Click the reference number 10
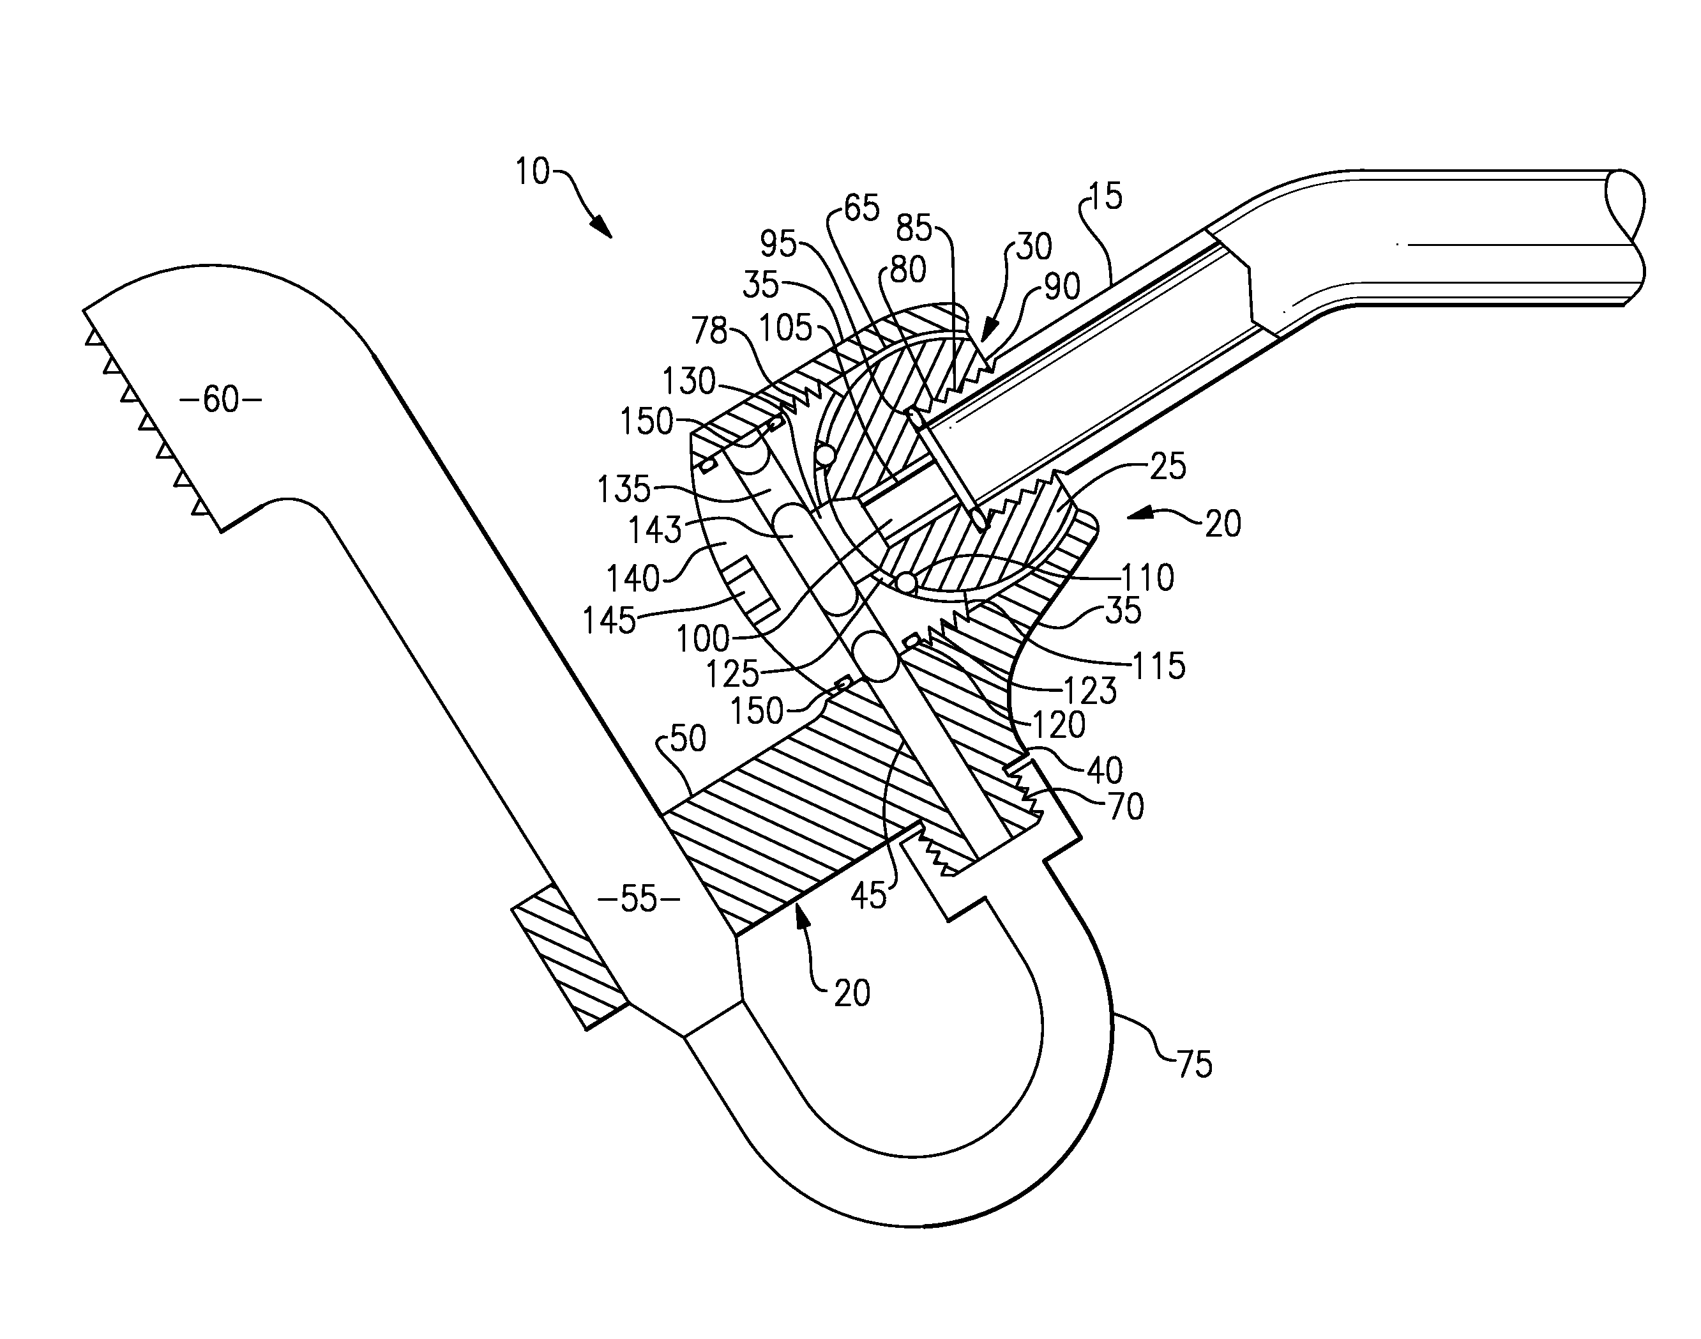[533, 171]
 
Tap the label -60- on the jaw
[220, 400]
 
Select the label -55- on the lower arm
[638, 899]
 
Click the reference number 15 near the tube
[1105, 196]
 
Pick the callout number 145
[609, 621]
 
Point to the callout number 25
[1167, 466]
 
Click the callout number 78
[710, 330]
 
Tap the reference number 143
[655, 531]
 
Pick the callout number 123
[1090, 691]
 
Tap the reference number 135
[624, 490]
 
